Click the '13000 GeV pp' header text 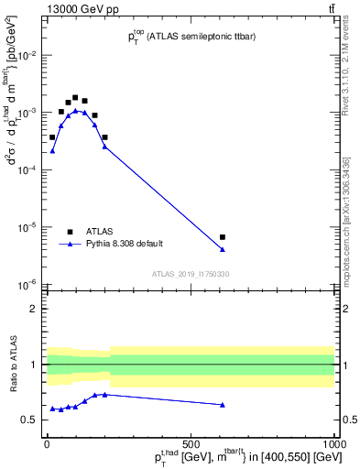point(51,8)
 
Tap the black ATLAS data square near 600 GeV point(223,237)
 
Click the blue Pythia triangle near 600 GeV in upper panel point(223,249)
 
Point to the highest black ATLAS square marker point(75,97)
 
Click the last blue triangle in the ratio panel point(223,404)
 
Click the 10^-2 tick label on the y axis point(29,55)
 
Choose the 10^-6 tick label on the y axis point(29,284)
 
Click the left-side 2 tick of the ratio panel point(36,309)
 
